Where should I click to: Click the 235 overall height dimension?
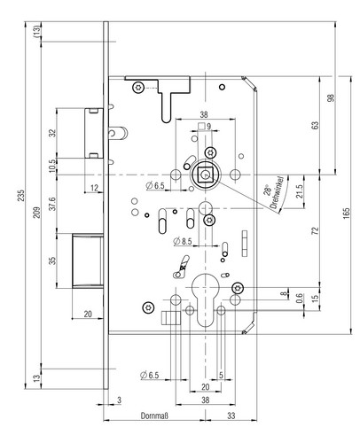click(21, 196)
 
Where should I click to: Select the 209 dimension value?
click(36, 213)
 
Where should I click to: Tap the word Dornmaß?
click(154, 416)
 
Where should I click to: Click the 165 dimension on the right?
click(347, 214)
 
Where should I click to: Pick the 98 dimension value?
click(332, 98)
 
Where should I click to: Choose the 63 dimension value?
click(316, 125)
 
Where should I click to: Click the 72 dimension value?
click(316, 230)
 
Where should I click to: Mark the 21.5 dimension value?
click(300, 191)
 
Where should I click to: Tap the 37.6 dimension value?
click(52, 204)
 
